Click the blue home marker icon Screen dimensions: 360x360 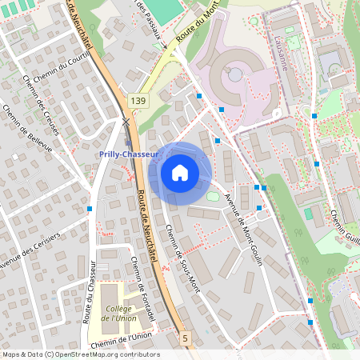(180, 172)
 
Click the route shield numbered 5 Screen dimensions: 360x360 (186, 338)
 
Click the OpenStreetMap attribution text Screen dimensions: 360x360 (80, 354)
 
